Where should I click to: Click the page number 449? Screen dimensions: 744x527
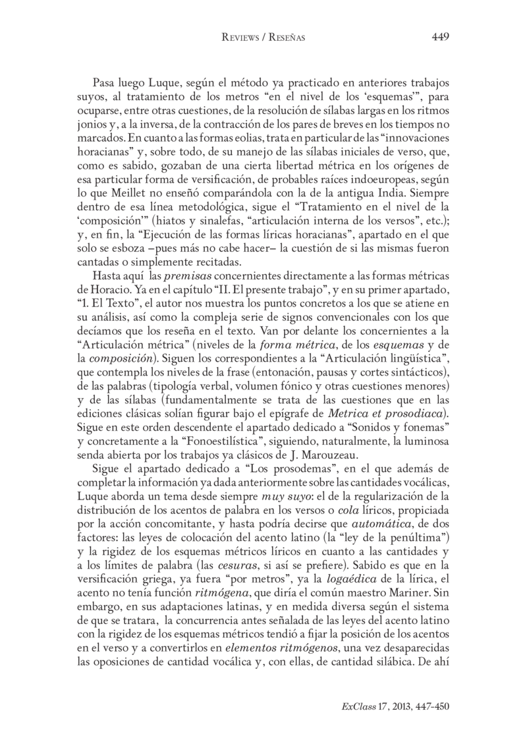(440, 37)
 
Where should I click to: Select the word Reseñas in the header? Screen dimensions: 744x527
(287, 38)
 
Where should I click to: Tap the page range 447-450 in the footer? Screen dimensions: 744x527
(430, 706)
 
